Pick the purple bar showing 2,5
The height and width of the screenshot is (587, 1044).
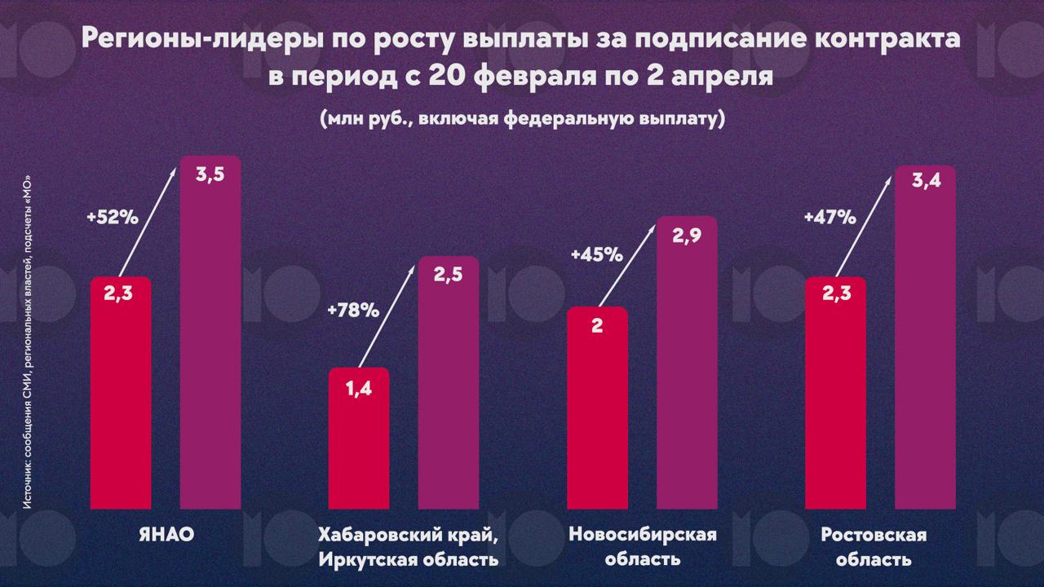click(449, 383)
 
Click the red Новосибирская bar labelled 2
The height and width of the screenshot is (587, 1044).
click(597, 408)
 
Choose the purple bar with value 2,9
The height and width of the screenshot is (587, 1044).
click(687, 363)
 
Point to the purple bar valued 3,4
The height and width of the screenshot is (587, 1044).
click(926, 338)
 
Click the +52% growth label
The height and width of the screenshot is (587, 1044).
click(113, 218)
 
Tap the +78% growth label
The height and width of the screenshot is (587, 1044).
click(352, 310)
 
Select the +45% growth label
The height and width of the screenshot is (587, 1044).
click(596, 254)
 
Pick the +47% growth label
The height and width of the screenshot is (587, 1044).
click(829, 218)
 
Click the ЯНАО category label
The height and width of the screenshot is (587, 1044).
click(166, 536)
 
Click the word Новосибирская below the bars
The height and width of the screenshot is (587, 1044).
click(642, 536)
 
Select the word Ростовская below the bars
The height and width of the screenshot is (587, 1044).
click(874, 536)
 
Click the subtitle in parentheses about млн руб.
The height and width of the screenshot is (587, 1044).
click(522, 119)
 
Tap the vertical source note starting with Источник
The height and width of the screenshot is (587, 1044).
click(28, 342)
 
